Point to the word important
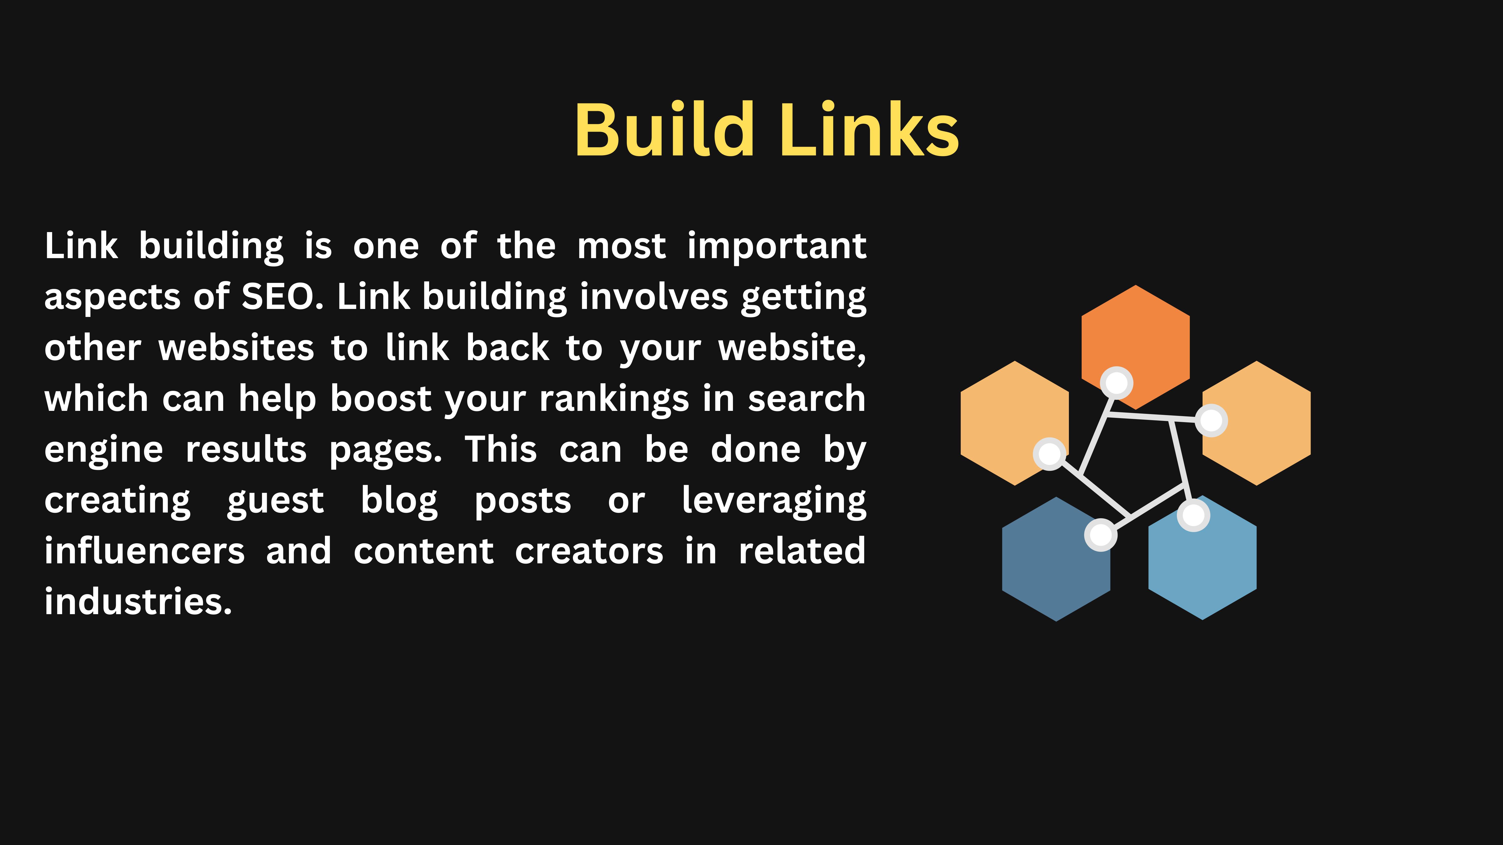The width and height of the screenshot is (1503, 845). (777, 246)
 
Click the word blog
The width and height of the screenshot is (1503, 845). (399, 500)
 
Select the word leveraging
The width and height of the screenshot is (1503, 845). (774, 500)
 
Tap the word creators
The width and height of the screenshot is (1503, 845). (589, 551)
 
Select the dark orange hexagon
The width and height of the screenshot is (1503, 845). (1136, 335)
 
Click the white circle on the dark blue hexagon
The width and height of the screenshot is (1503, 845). (1100, 534)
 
